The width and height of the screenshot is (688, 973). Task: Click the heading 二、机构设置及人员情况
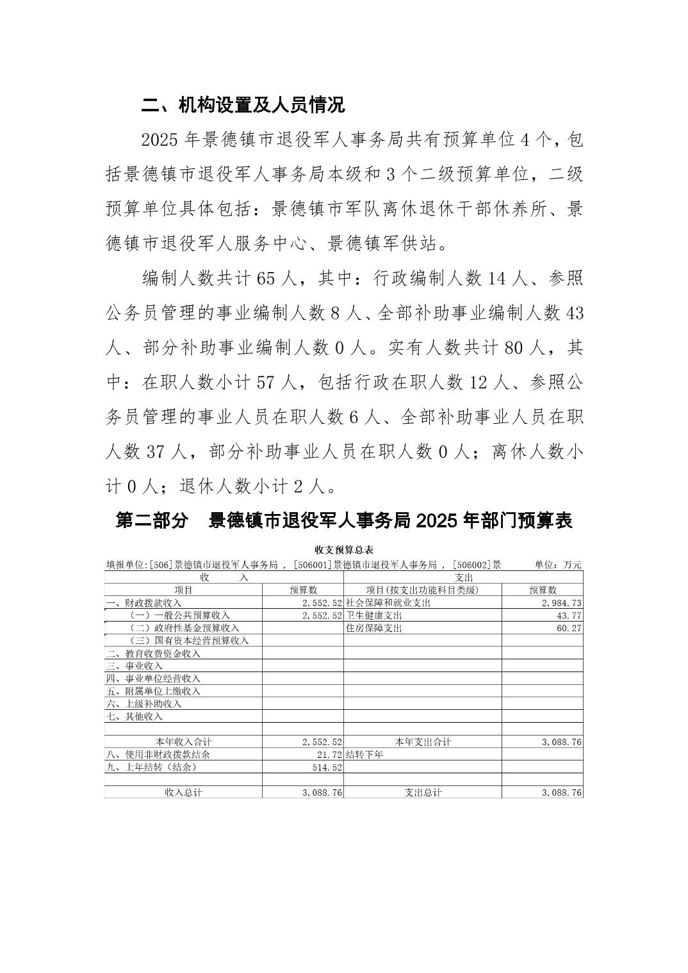coord(243,105)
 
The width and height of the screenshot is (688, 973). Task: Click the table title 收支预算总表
coord(344,550)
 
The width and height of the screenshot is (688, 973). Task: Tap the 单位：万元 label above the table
coord(558,565)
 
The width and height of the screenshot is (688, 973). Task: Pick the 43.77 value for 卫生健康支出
coord(569,616)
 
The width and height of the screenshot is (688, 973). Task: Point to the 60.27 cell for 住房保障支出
coord(569,628)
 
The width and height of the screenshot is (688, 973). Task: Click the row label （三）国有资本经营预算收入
coord(188,641)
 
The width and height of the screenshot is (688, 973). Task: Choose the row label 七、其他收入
coord(135,717)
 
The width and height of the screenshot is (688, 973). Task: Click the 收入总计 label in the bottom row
coord(183,792)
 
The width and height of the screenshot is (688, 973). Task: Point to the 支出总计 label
coord(423,792)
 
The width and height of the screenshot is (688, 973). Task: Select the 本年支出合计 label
coord(423,742)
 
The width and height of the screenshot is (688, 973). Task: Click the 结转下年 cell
coord(364,755)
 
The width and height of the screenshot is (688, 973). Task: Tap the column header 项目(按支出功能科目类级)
coord(422,590)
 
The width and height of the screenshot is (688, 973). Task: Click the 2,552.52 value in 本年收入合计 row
coord(322,742)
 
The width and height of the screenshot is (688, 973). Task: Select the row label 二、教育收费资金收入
coord(153,654)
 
